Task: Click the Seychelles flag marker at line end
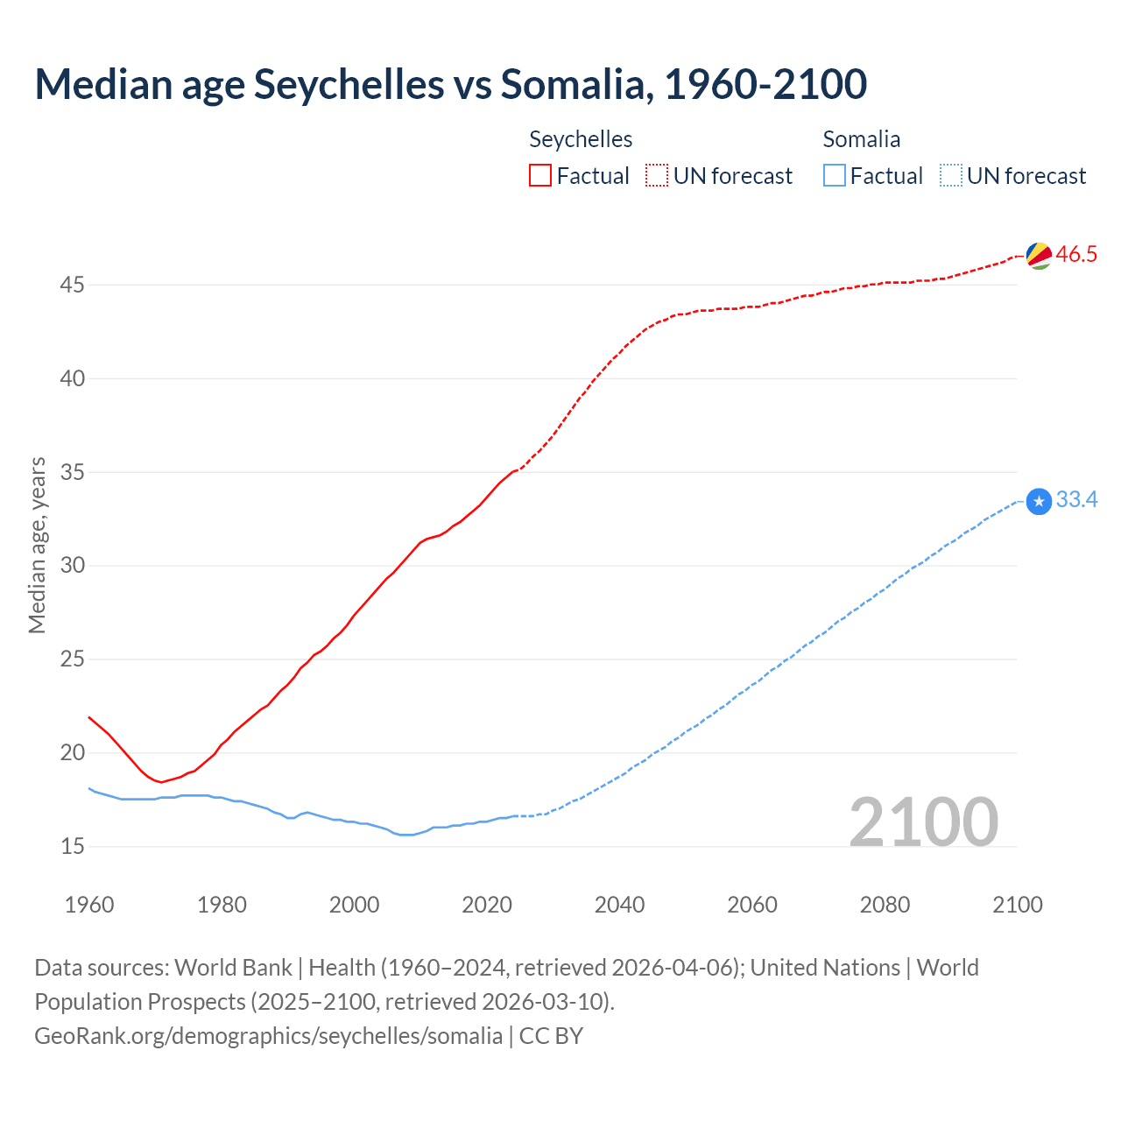pyautogui.click(x=1039, y=256)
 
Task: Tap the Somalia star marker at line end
pyautogui.click(x=1039, y=501)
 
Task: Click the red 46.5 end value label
pyautogui.click(x=1076, y=255)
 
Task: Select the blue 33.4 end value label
pyautogui.click(x=1076, y=500)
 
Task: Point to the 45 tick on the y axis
pyautogui.click(x=73, y=286)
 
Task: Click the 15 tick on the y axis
pyautogui.click(x=73, y=847)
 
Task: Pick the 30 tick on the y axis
pyautogui.click(x=73, y=566)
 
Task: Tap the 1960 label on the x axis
pyautogui.click(x=89, y=906)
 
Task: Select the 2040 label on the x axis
pyautogui.click(x=619, y=906)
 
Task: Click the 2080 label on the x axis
pyautogui.click(x=885, y=906)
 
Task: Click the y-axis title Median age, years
pyautogui.click(x=37, y=545)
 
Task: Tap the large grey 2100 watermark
pyautogui.click(x=923, y=821)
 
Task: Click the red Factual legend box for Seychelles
pyautogui.click(x=540, y=176)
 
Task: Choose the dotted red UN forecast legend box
pyautogui.click(x=657, y=176)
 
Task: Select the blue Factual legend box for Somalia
pyautogui.click(x=835, y=176)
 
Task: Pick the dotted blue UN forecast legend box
pyautogui.click(x=951, y=176)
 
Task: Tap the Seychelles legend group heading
pyautogui.click(x=581, y=139)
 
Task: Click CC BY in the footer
pyautogui.click(x=551, y=1036)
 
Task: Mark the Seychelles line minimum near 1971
pyautogui.click(x=161, y=782)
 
